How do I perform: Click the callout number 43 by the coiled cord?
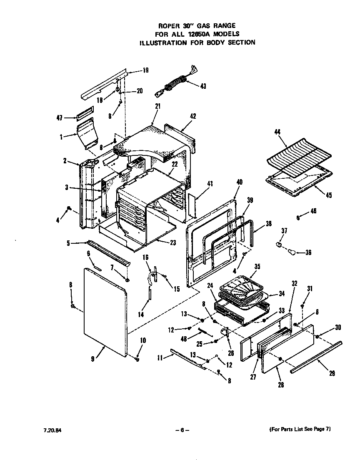pyautogui.click(x=203, y=86)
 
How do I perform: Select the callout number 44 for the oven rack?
pyautogui.click(x=278, y=132)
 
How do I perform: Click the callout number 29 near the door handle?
pyautogui.click(x=332, y=373)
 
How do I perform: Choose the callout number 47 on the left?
pyautogui.click(x=60, y=118)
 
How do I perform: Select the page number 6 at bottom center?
pyautogui.click(x=182, y=429)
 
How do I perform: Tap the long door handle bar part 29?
pyautogui.click(x=317, y=356)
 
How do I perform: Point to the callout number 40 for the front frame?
pyautogui.click(x=239, y=182)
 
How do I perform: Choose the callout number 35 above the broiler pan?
pyautogui.click(x=257, y=266)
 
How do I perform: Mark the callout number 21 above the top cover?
pyautogui.click(x=157, y=106)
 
